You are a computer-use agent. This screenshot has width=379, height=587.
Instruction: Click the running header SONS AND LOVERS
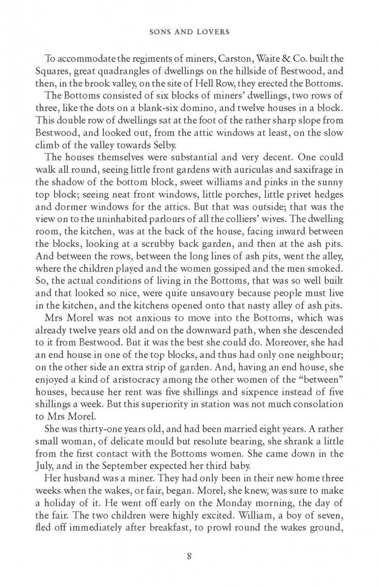click(189, 32)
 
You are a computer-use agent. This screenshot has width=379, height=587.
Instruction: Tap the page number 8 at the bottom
click(189, 555)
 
